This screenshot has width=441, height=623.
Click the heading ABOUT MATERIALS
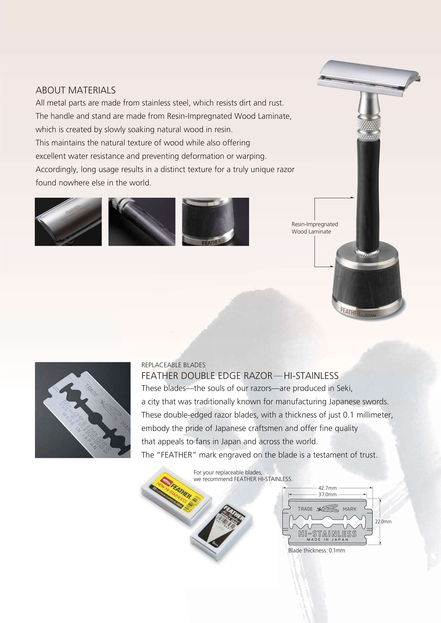tap(76, 90)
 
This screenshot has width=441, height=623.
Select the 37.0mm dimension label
tap(327, 494)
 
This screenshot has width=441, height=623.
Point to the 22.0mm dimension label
tap(383, 522)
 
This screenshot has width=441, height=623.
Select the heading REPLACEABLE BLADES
tap(173, 365)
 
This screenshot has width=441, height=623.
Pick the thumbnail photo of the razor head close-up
tap(68, 222)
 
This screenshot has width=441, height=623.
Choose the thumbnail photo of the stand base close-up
tap(216, 222)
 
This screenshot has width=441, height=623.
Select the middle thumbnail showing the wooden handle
tap(142, 222)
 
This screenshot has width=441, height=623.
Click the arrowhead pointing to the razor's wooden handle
tap(353, 198)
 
